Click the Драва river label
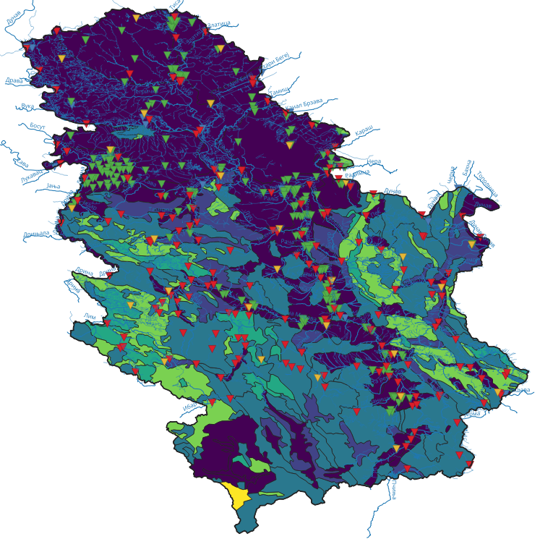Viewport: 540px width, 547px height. [14, 80]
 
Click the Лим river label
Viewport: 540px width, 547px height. [90, 315]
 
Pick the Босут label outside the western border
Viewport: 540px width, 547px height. [38, 126]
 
